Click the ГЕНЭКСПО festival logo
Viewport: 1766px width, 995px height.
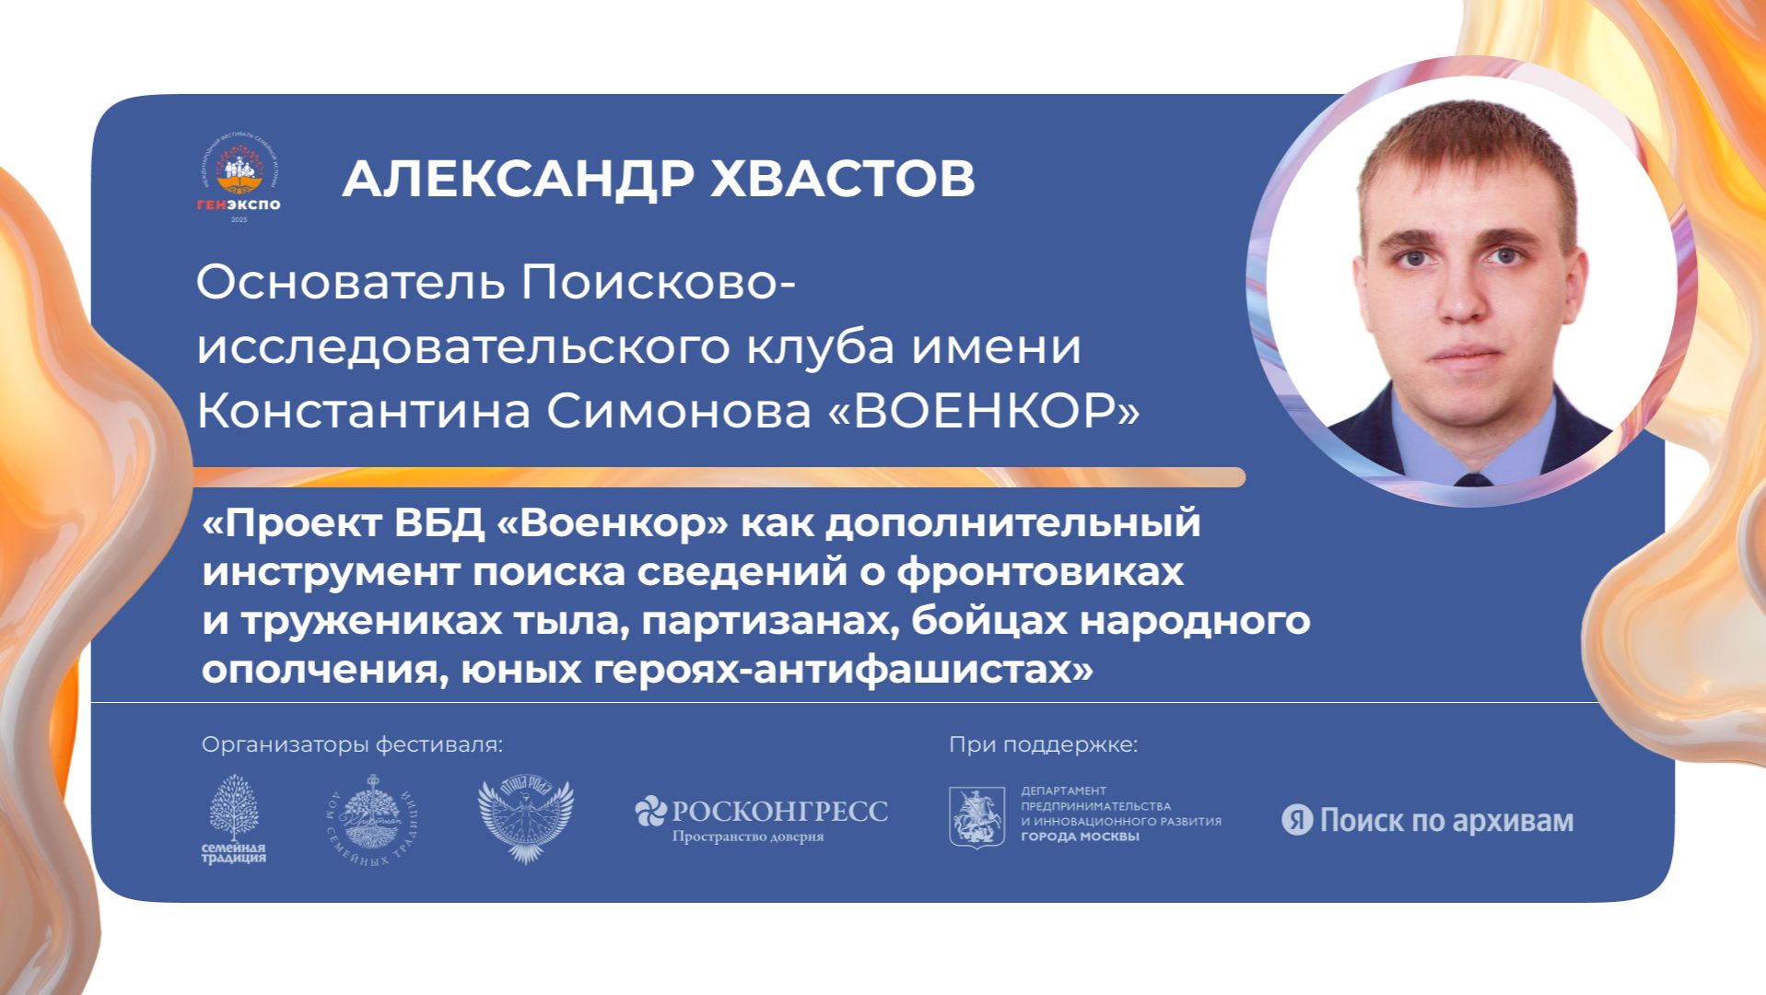pos(239,183)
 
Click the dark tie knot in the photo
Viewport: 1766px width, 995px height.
pos(1471,481)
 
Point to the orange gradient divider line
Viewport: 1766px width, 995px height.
pos(719,477)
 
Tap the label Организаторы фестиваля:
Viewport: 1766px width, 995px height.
pos(353,744)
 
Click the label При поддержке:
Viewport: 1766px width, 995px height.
pos(1043,744)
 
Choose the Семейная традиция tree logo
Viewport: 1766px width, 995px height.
pos(234,818)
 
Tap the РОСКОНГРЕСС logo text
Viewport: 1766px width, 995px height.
pos(779,812)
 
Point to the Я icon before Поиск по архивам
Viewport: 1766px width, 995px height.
pos(1296,820)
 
